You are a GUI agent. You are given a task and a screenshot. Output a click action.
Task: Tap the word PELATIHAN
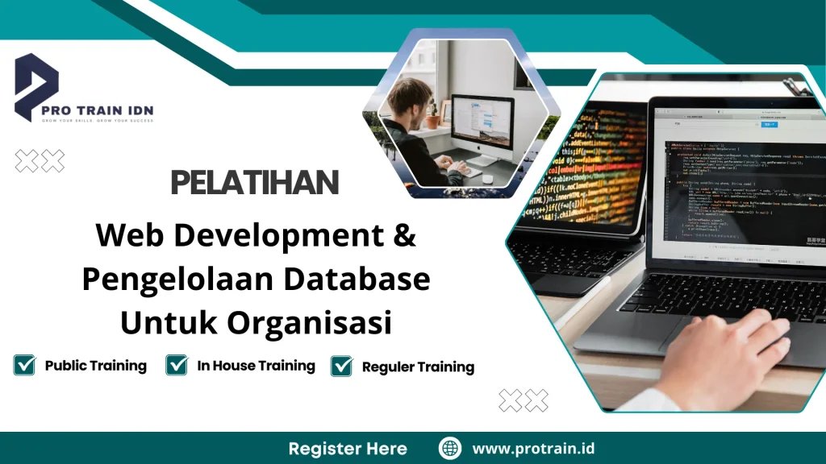pos(255,184)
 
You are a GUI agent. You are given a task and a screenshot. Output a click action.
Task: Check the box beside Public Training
pos(24,365)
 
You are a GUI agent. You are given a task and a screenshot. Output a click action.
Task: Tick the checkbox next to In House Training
pos(177,365)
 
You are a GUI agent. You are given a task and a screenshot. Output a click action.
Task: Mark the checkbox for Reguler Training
pos(342,366)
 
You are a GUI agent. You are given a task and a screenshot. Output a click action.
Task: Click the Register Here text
pos(348,449)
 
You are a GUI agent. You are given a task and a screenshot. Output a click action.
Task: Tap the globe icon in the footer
pos(450,449)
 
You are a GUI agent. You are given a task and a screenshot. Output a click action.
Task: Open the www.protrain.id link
pos(533,449)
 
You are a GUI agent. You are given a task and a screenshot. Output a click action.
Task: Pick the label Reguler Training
pos(418,367)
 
